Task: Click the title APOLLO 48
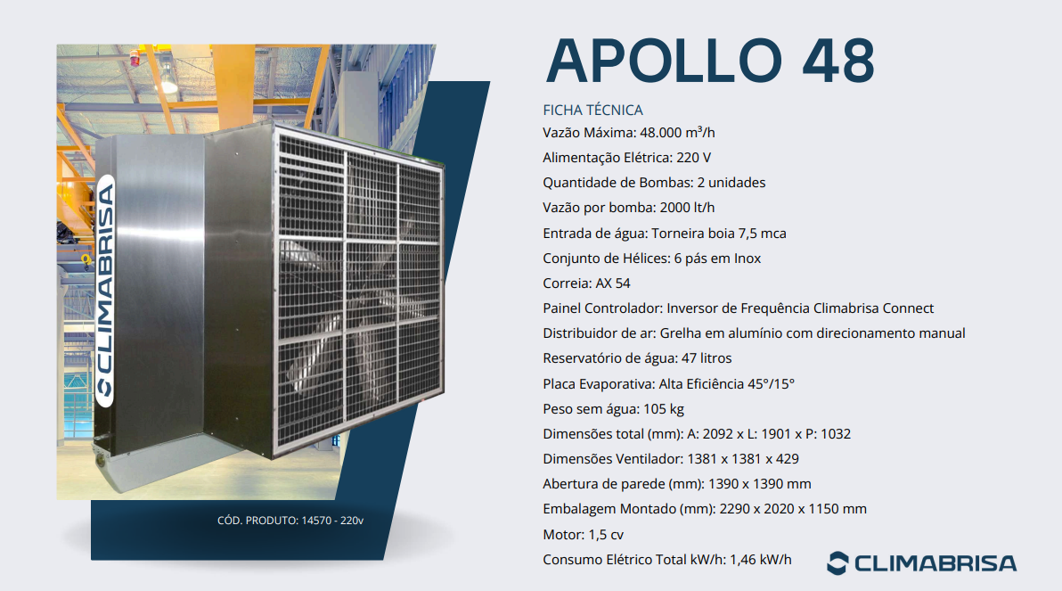pyautogui.click(x=710, y=61)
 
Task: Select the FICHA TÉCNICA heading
pyautogui.click(x=592, y=110)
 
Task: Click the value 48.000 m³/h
pyautogui.click(x=677, y=133)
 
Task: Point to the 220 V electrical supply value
pyautogui.click(x=693, y=158)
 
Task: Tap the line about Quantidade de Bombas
pyautogui.click(x=654, y=183)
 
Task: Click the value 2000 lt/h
pyautogui.click(x=687, y=208)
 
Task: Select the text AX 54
pyautogui.click(x=613, y=283)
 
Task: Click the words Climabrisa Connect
pyautogui.click(x=873, y=308)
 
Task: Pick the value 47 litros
pyautogui.click(x=707, y=358)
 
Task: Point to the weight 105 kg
pyautogui.click(x=664, y=409)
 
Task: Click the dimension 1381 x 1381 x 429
pyautogui.click(x=743, y=459)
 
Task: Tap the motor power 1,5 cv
pyautogui.click(x=606, y=535)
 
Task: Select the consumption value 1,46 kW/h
pyautogui.click(x=761, y=560)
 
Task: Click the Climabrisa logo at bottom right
pyautogui.click(x=922, y=563)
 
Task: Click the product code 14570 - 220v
pyautogui.click(x=332, y=521)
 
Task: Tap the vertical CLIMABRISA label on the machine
pyautogui.click(x=105, y=291)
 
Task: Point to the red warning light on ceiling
pyautogui.click(x=135, y=58)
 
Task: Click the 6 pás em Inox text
pyautogui.click(x=717, y=259)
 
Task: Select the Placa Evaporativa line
pyautogui.click(x=668, y=384)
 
